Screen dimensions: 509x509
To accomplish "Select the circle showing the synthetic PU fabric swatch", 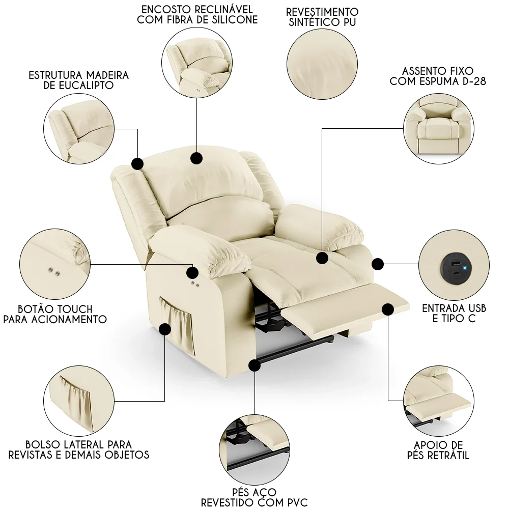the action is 322,64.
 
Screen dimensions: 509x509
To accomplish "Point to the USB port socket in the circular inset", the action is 453,265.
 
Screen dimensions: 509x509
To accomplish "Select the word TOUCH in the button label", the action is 73,309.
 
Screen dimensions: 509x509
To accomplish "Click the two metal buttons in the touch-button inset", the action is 54,271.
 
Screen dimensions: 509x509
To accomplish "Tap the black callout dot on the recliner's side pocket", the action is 165,329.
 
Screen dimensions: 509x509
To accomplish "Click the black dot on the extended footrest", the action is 388,309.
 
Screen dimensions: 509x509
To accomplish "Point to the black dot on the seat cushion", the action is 322,258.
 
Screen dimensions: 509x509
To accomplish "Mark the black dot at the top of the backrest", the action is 196,158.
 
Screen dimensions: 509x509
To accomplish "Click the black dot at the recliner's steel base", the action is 254,365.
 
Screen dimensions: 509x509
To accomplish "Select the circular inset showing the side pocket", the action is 79,401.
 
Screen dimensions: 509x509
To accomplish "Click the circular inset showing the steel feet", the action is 254,450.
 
